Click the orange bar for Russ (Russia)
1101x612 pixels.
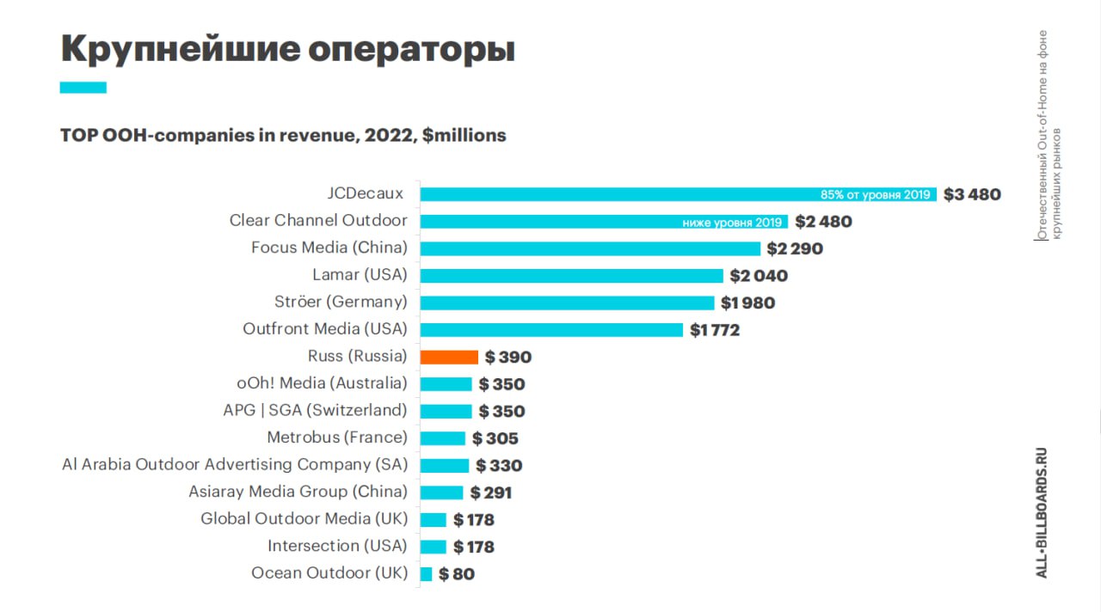pyautogui.click(x=449, y=357)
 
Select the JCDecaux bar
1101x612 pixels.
pyautogui.click(x=679, y=194)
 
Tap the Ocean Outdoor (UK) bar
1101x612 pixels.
pyautogui.click(x=426, y=573)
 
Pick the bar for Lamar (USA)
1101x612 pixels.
pyautogui.click(x=572, y=276)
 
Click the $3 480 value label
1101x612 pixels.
pyautogui.click(x=972, y=194)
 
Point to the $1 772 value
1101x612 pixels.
pyautogui.click(x=715, y=330)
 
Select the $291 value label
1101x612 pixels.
pyautogui.click(x=491, y=493)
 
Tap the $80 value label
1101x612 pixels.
pyautogui.click(x=457, y=574)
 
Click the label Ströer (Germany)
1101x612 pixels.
pyautogui.click(x=341, y=302)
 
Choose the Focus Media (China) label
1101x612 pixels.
pyautogui.click(x=329, y=248)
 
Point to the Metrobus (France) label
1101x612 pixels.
pyautogui.click(x=337, y=438)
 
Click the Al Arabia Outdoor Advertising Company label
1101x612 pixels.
pyautogui.click(x=235, y=464)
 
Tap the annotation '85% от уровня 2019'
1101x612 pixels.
pyautogui.click(x=876, y=194)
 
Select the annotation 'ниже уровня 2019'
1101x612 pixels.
pyautogui.click(x=732, y=223)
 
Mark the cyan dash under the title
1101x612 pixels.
pyautogui.click(x=83, y=88)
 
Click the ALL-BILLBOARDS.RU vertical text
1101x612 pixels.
pyautogui.click(x=1042, y=513)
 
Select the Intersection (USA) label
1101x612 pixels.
pyautogui.click(x=337, y=546)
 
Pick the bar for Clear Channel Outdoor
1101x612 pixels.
pyautogui.click(x=604, y=222)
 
